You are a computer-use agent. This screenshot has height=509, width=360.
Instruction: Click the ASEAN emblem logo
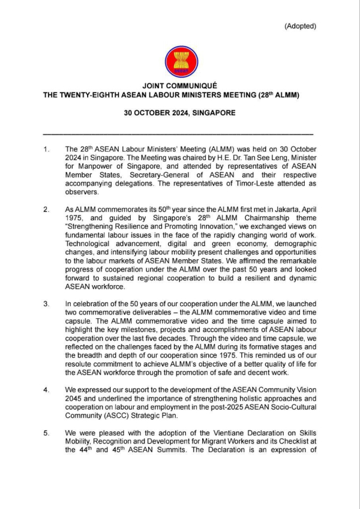[x=179, y=61]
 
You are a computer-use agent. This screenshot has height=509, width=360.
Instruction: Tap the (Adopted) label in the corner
[x=300, y=26]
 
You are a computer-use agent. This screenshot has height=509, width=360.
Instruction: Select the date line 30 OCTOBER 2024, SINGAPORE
[x=179, y=112]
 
